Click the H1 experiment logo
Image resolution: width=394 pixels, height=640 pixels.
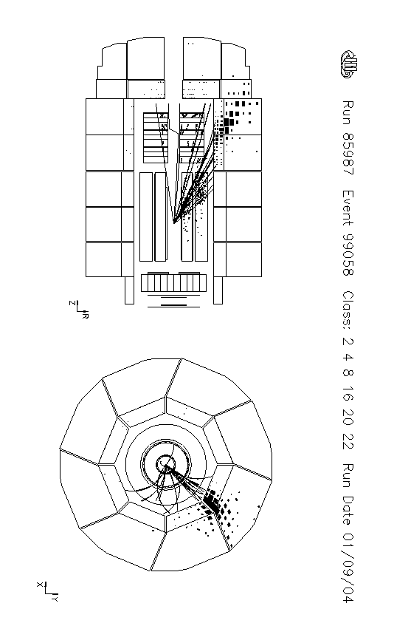[349, 64]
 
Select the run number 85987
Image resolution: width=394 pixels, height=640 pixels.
[348, 154]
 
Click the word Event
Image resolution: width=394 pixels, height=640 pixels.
[348, 208]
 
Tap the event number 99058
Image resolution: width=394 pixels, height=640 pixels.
[348, 255]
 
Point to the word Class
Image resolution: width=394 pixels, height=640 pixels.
[348, 310]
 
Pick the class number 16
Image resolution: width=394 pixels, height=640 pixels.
[348, 395]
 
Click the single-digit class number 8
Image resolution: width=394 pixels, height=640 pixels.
[348, 372]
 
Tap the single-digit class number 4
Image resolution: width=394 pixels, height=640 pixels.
[348, 357]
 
